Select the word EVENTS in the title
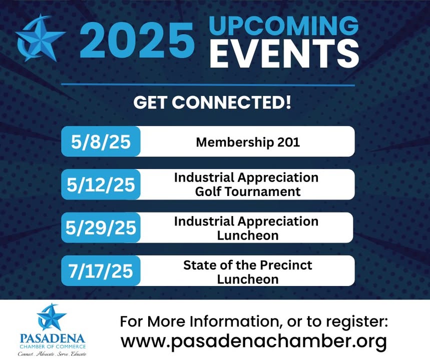coord(284,53)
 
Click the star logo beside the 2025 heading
coord(41,37)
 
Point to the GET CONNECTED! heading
coord(212,102)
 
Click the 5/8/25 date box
coord(101,141)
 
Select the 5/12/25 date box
coord(101,184)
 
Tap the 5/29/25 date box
coord(101,227)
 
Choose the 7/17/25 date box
coord(101,270)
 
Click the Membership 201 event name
coord(248,142)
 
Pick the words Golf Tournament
coord(248,191)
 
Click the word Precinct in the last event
coord(286,265)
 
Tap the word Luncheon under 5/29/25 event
coord(248,235)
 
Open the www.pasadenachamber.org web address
coord(254,341)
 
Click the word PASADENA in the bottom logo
coord(52,338)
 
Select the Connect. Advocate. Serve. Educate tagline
coord(52,354)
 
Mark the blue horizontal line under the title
coord(208,85)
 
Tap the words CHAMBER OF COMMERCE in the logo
coord(52,347)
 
